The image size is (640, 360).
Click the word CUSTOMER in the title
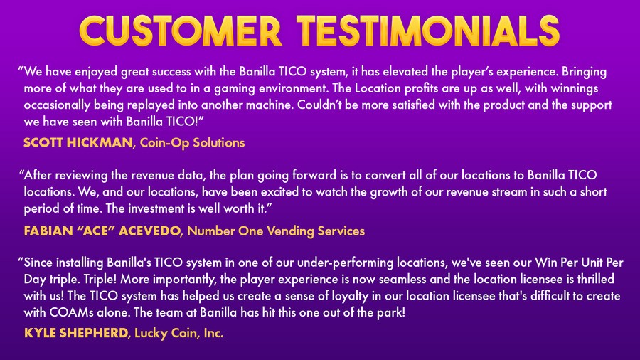181,31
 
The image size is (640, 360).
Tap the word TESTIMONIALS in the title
428,31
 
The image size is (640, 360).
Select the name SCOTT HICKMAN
78,142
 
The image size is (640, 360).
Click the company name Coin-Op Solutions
192,143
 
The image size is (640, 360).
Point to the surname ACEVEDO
149,231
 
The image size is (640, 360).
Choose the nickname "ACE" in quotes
92,231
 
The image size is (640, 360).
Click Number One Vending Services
276,231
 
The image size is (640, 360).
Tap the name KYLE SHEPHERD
76,333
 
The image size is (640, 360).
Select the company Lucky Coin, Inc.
178,333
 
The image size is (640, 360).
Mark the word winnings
573,88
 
